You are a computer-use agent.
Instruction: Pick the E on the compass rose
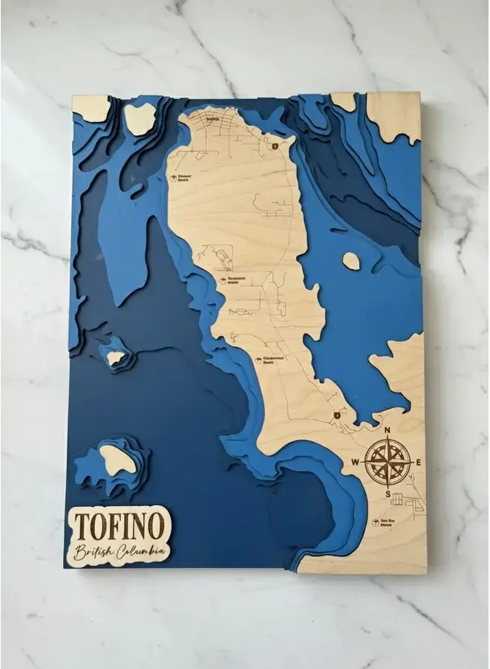[418, 462]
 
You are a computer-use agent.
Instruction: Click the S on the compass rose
[387, 494]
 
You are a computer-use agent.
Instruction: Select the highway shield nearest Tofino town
[275, 146]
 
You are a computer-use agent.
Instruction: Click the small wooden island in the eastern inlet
[351, 261]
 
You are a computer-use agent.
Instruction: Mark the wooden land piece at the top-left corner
[91, 108]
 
